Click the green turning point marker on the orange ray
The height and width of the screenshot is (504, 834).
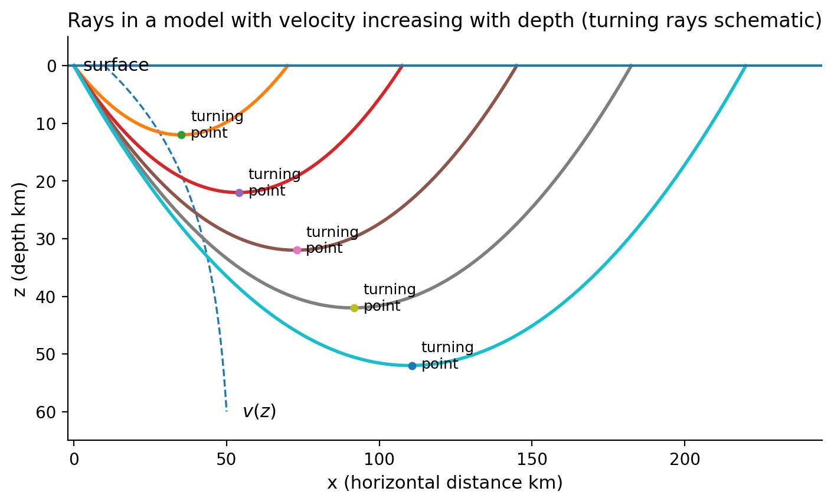point(181,135)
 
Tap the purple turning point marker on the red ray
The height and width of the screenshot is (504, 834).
point(239,193)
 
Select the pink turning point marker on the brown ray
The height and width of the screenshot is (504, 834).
point(297,250)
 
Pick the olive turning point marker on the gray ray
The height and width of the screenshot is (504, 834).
point(354,308)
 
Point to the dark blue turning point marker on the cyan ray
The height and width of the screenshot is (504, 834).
point(412,366)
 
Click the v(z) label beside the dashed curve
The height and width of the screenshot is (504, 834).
point(259,411)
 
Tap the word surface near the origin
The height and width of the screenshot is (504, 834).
point(116,66)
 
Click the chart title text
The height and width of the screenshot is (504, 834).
point(444,21)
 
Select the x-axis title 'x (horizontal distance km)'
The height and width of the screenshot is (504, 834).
point(444,483)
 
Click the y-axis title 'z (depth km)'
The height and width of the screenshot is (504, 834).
point(21,239)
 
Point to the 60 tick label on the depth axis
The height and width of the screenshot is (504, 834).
point(50,412)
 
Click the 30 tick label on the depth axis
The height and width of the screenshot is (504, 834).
point(50,239)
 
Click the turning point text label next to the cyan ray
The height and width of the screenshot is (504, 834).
point(447,356)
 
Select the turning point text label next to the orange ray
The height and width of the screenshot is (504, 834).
point(217,125)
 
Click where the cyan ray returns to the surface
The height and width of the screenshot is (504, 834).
point(745,66)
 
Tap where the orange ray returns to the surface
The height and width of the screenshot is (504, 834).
point(287,66)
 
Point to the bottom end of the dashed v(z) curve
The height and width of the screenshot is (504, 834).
point(226,411)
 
